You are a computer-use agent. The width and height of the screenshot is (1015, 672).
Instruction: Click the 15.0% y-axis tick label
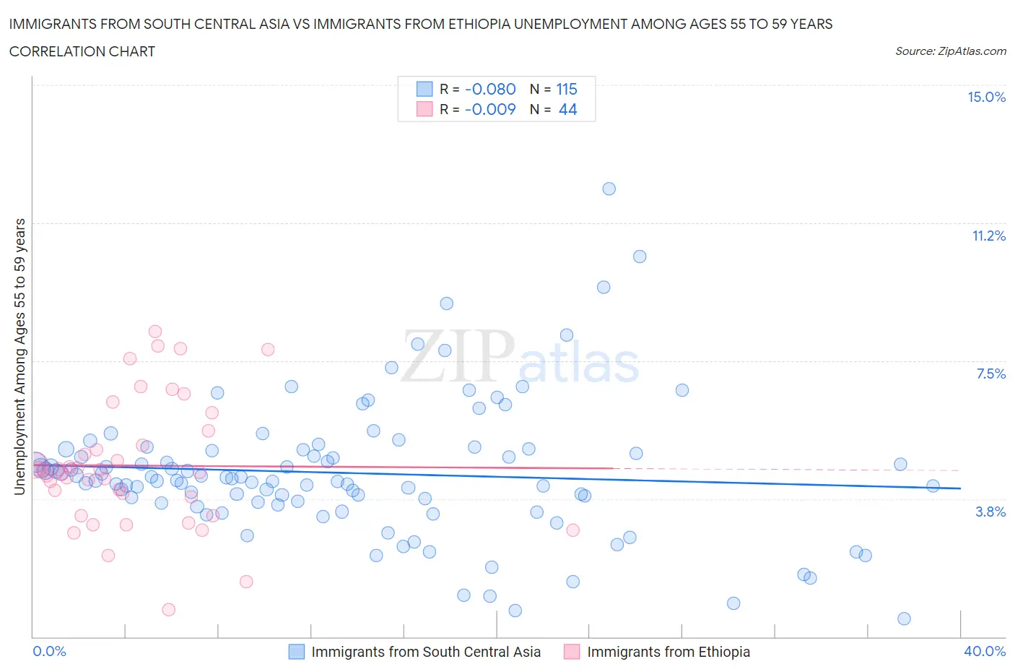click(x=986, y=98)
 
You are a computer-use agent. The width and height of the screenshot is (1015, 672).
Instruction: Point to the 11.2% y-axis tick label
click(x=988, y=236)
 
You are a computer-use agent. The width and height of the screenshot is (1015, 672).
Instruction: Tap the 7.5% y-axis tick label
click(x=990, y=374)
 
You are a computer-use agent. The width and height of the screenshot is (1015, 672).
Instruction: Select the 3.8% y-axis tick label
click(x=990, y=512)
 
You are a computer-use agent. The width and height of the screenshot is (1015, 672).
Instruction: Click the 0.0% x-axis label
click(x=49, y=652)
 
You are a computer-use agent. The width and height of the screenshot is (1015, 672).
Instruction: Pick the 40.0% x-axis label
click(x=985, y=652)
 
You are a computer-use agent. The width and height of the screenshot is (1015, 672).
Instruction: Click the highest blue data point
click(x=609, y=189)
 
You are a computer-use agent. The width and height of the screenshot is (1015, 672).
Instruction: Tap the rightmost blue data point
click(x=933, y=486)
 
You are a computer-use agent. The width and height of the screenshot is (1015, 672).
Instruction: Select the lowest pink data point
click(x=169, y=610)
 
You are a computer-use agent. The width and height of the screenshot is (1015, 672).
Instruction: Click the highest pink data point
click(x=155, y=332)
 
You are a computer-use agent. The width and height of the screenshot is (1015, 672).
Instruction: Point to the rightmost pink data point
click(x=572, y=530)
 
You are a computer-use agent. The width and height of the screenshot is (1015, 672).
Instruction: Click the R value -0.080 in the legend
click(x=490, y=90)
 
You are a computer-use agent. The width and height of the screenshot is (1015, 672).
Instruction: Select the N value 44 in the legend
click(x=567, y=110)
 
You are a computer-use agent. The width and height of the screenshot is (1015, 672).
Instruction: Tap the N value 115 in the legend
click(x=567, y=90)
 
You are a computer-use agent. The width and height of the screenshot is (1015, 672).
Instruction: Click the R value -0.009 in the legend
click(x=490, y=110)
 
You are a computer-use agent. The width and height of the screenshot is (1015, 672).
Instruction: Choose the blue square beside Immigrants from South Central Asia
click(x=297, y=652)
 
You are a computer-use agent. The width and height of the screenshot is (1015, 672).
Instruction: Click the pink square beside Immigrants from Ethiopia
click(x=572, y=652)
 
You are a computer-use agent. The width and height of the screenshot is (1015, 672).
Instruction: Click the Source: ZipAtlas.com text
click(x=950, y=51)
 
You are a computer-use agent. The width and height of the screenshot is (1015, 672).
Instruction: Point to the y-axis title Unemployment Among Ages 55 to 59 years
click(x=20, y=357)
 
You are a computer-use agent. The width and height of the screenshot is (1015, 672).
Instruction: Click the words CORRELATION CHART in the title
click(x=82, y=52)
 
